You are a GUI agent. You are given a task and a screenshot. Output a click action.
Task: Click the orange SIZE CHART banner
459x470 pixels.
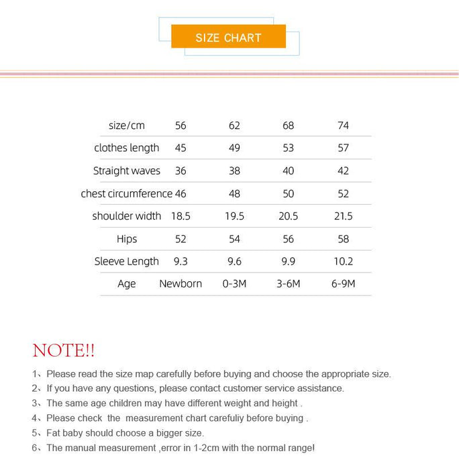coord(228,37)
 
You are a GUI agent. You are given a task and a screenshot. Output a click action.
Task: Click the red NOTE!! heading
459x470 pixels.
coord(64,350)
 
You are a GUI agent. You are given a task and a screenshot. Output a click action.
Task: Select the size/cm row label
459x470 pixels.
coord(127,126)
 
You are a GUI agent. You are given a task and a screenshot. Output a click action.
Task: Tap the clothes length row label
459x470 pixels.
coord(127,148)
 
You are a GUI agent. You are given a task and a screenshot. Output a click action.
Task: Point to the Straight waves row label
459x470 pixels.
coord(127,171)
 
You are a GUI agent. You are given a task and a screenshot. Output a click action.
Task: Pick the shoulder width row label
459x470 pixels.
coord(127,216)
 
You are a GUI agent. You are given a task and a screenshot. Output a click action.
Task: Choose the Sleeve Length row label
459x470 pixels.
coord(127,261)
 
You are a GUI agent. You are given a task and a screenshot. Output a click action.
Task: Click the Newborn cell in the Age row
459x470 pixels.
coord(181,283)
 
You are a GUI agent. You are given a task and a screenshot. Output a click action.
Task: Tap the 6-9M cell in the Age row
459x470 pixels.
coord(343,283)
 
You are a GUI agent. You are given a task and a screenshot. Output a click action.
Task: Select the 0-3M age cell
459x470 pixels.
coord(234,283)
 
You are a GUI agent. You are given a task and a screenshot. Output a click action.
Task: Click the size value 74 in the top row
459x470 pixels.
coord(343,126)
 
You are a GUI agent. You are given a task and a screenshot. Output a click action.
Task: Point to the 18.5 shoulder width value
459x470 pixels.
coord(181,216)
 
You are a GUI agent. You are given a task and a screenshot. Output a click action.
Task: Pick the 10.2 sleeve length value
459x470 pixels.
coord(343,261)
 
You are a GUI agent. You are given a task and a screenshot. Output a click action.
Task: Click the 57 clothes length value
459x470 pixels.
coord(343,148)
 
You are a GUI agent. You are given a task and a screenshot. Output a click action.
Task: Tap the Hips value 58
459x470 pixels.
coord(343,239)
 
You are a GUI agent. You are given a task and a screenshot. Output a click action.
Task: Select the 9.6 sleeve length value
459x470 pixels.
coord(234,261)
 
